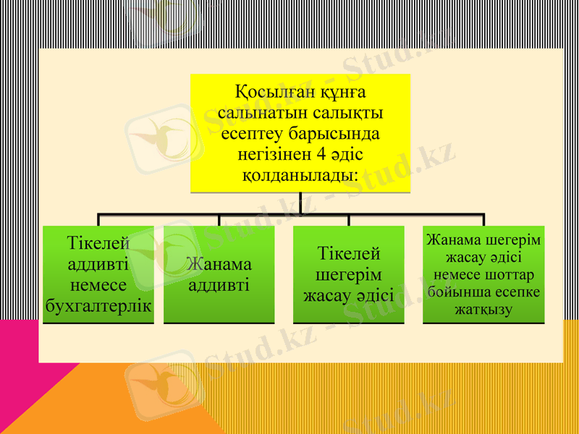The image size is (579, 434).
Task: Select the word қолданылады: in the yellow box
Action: click(300, 176)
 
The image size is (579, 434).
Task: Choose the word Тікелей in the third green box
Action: click(349, 254)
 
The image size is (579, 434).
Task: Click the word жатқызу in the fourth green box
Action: click(483, 310)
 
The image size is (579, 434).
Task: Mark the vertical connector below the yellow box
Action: click(300, 203)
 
